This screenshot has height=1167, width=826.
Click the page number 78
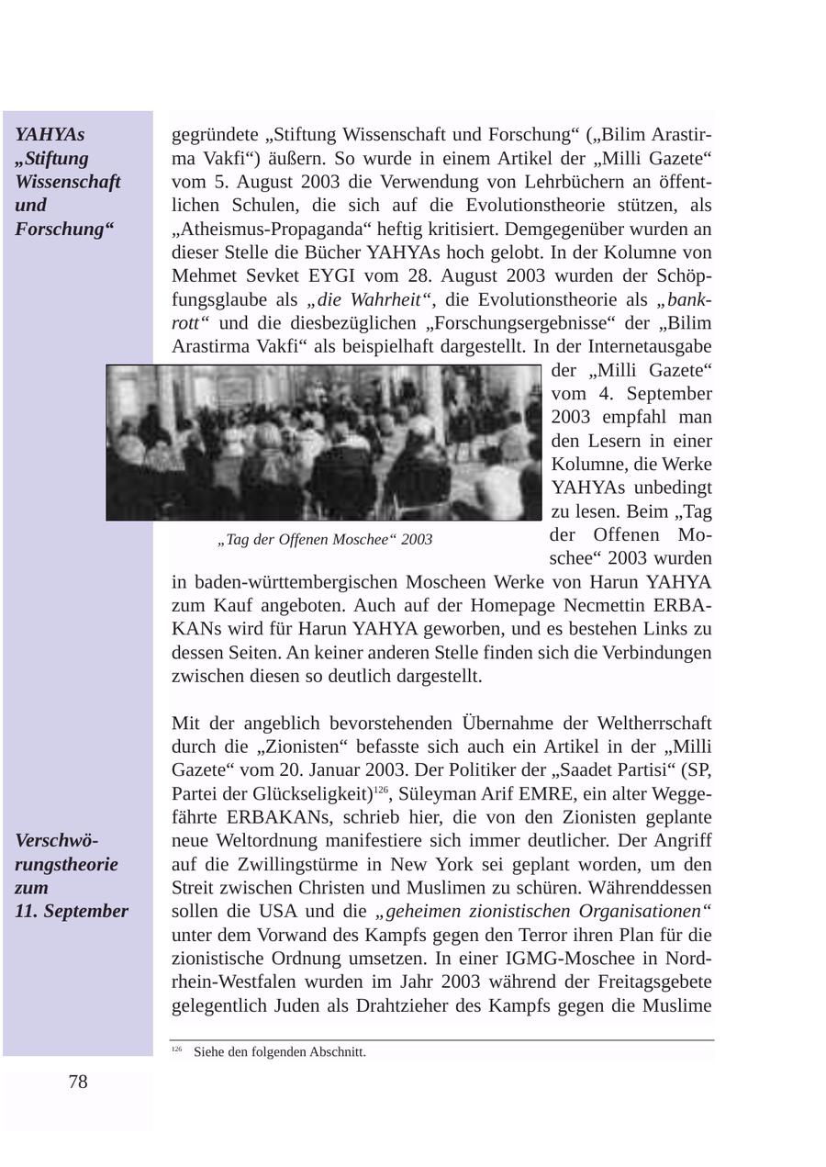[78, 1083]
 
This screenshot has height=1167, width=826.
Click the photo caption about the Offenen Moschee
[325, 540]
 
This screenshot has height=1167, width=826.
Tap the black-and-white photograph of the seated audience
[324, 443]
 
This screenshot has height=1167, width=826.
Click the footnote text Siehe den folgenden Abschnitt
[280, 1052]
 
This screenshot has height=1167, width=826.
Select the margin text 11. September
[71, 912]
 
